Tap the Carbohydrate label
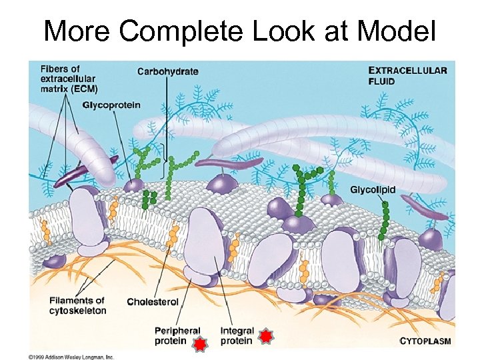coord(167,71)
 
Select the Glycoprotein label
coord(111,105)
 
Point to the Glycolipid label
coord(373,190)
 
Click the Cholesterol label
coord(153,302)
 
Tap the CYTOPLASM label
coord(425,341)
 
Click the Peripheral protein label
coord(177,336)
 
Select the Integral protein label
coord(236,336)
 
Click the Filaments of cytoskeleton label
coord(77,306)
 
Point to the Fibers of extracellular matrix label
coord(69,78)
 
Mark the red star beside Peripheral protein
coord(200,343)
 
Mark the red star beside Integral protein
coord(265,336)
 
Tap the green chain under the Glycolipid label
coord(385,220)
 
